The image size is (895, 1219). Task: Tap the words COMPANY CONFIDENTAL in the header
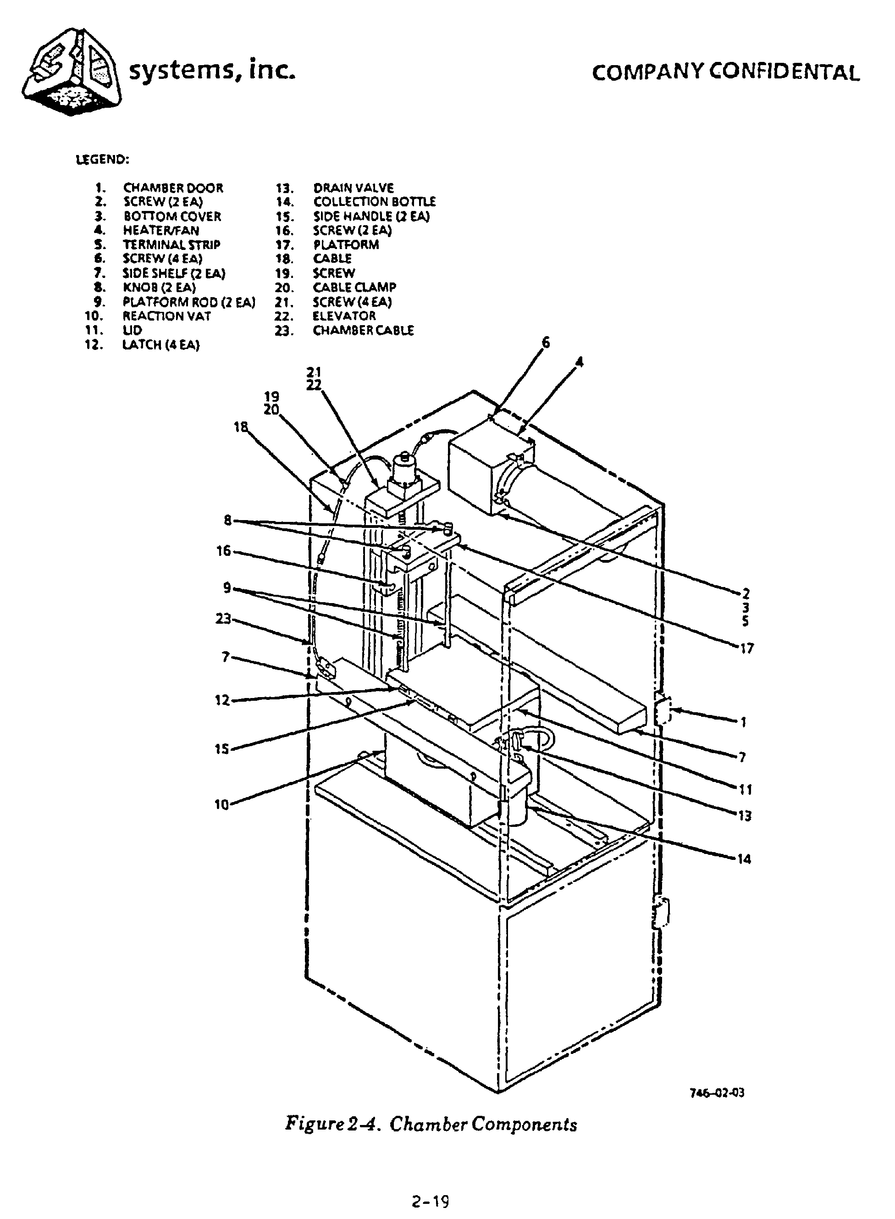click(726, 72)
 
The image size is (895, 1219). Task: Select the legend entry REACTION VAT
click(167, 316)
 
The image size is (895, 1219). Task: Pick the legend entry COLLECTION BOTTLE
click(374, 202)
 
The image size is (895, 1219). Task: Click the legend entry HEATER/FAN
click(161, 230)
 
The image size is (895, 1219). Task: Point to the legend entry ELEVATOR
click(344, 316)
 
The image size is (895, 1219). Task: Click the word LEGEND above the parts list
click(102, 160)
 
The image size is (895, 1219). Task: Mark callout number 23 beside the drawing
click(223, 618)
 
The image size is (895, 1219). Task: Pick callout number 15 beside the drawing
click(222, 750)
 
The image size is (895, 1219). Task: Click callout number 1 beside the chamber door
click(744, 722)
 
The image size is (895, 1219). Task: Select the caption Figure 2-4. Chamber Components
click(431, 1126)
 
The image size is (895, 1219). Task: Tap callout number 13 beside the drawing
click(745, 816)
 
